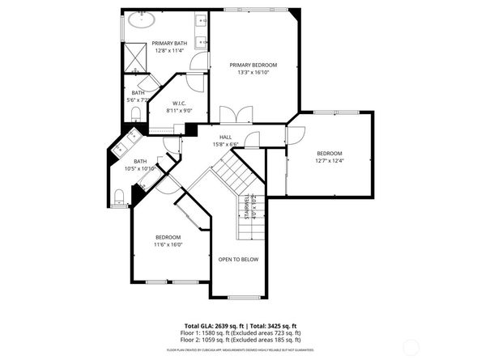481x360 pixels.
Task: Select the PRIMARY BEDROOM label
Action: [x=253, y=65]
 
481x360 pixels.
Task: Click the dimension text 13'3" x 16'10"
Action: [x=253, y=72]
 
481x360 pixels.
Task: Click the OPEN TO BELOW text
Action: [x=238, y=260]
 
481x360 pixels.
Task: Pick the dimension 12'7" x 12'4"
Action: [x=330, y=160]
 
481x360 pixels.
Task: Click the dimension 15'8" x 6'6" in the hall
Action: [x=226, y=144]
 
